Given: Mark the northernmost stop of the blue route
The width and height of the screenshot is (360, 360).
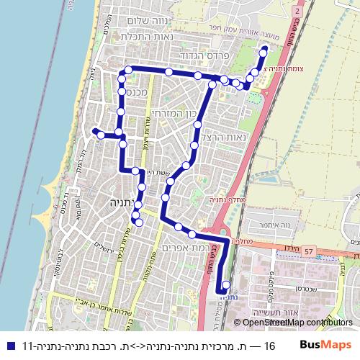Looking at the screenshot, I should click(x=264, y=50).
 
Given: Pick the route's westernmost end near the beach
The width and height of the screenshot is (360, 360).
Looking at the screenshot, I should click(x=95, y=130).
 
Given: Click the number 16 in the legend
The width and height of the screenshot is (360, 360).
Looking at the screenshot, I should click(x=269, y=345).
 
